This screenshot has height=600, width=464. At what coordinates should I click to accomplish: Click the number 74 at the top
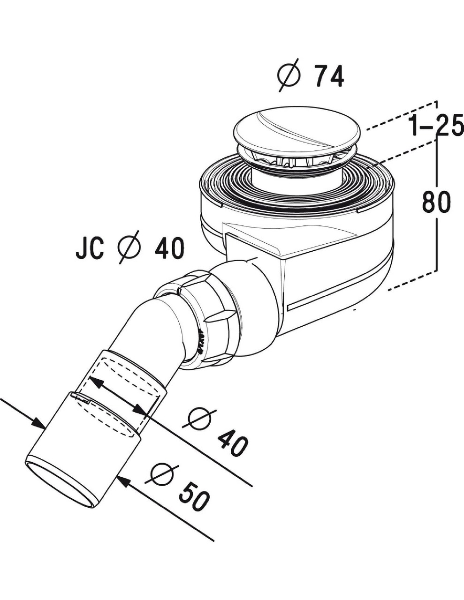pyautogui.click(x=329, y=76)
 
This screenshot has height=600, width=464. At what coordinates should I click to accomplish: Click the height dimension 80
pyautogui.click(x=436, y=202)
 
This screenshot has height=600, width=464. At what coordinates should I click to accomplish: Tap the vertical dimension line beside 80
pyautogui.click(x=437, y=234)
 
